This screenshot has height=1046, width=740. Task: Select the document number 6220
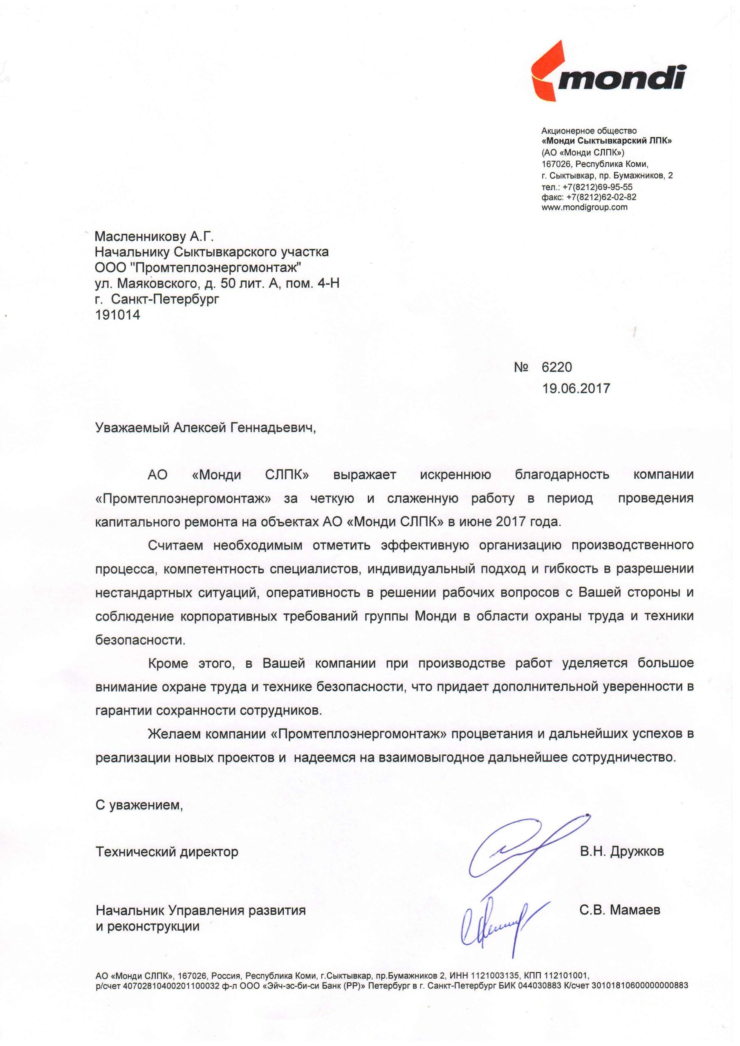[556, 367]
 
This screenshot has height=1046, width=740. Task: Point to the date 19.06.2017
[575, 388]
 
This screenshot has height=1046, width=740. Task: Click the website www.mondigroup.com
[584, 207]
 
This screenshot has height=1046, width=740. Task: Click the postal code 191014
[118, 314]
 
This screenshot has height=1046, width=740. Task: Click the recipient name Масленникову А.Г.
[154, 237]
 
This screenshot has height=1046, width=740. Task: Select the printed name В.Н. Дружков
[621, 851]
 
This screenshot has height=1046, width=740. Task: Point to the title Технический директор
[167, 852]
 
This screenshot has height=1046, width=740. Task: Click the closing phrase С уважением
[139, 805]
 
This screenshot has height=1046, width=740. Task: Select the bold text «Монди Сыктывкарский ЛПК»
[606, 141]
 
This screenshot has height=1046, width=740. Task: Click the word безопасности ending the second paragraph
[140, 639]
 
